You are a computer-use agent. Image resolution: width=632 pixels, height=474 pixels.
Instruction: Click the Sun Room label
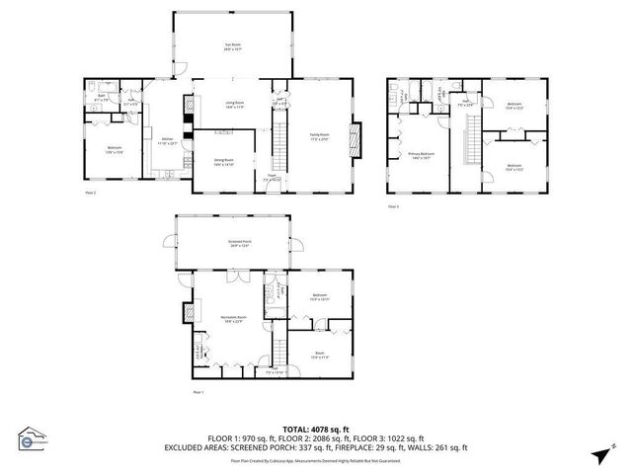coord(233,46)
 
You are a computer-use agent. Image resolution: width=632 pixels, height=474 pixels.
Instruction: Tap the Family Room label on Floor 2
coord(319,136)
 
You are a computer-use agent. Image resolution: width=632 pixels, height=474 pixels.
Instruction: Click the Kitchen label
coord(167,140)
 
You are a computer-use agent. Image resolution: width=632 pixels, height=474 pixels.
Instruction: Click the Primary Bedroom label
coord(422,155)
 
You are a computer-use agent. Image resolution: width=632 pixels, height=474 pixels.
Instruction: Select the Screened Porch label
coord(233,242)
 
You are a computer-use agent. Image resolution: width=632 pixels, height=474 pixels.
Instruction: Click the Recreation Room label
coord(232,319)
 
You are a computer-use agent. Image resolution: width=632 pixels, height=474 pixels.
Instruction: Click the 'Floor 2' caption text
coord(91,194)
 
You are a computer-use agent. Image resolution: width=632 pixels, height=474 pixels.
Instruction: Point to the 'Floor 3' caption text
coord(393,206)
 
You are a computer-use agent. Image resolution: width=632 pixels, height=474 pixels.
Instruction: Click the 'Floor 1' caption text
coord(197,392)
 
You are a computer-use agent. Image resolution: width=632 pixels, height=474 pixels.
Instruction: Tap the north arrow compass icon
coord(599,453)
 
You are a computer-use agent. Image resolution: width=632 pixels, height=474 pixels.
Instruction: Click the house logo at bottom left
coord(32,437)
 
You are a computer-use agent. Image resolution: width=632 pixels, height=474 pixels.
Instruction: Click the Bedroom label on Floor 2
coord(114,149)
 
